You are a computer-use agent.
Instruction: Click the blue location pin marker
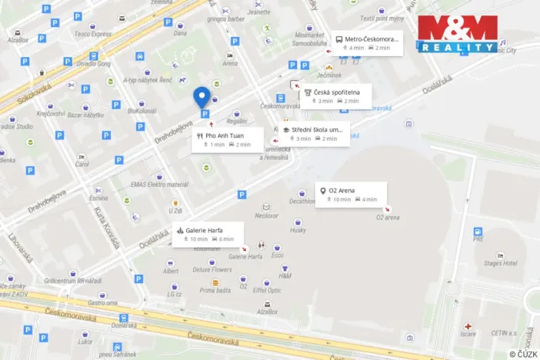tap(202, 96)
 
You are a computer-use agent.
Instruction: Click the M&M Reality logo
tap(457, 35)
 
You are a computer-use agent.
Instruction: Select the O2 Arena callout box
tap(351, 195)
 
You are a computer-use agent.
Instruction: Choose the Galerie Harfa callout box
tap(208, 234)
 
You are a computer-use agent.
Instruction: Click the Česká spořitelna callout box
tap(335, 96)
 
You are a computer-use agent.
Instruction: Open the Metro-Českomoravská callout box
tap(367, 43)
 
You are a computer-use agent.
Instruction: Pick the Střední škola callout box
tap(315, 134)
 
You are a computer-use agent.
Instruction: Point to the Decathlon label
tap(302, 202)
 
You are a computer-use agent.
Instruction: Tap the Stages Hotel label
tap(499, 263)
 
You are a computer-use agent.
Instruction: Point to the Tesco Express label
tap(93, 34)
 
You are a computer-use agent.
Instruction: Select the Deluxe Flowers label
tap(212, 270)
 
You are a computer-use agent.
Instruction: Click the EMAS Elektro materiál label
tap(159, 185)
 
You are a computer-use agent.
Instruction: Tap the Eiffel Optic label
tap(268, 291)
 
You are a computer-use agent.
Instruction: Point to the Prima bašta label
tap(215, 290)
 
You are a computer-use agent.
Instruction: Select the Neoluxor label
tap(266, 215)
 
